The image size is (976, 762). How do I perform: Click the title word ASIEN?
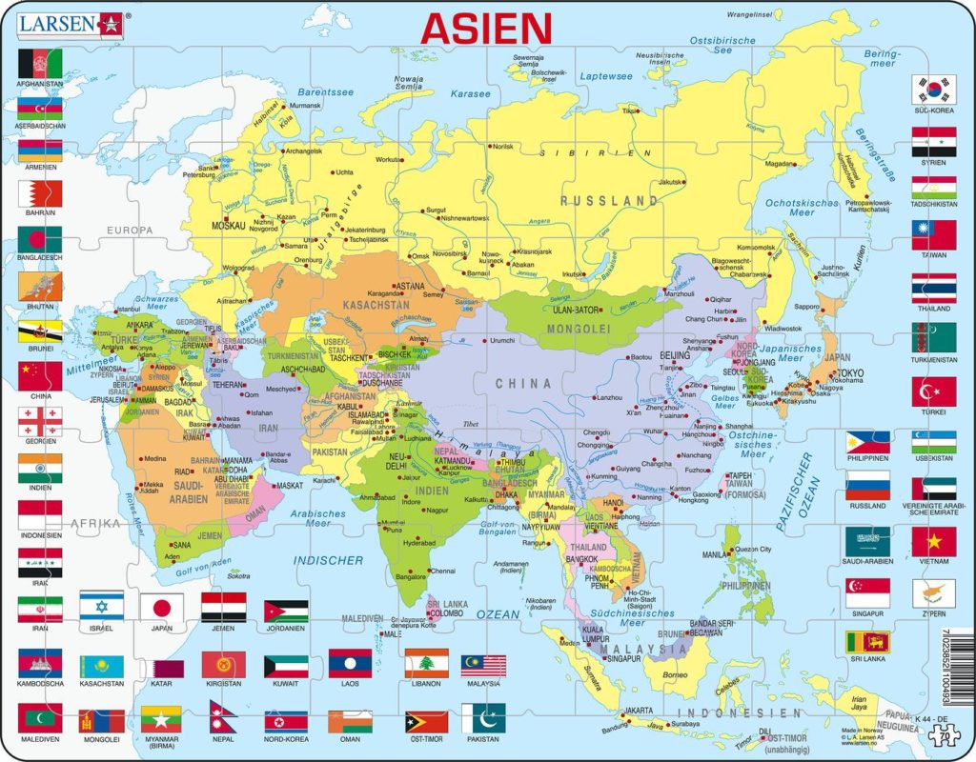click(x=486, y=28)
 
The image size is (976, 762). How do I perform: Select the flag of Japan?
click(x=162, y=607)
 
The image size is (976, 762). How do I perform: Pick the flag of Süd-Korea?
click(x=933, y=90)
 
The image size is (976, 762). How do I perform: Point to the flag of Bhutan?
click(x=40, y=285)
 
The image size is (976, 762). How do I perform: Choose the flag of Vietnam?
click(x=933, y=541)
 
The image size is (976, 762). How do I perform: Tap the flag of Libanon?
click(x=426, y=663)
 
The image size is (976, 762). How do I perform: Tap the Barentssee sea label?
click(x=325, y=92)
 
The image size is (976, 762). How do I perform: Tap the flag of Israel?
click(x=101, y=607)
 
